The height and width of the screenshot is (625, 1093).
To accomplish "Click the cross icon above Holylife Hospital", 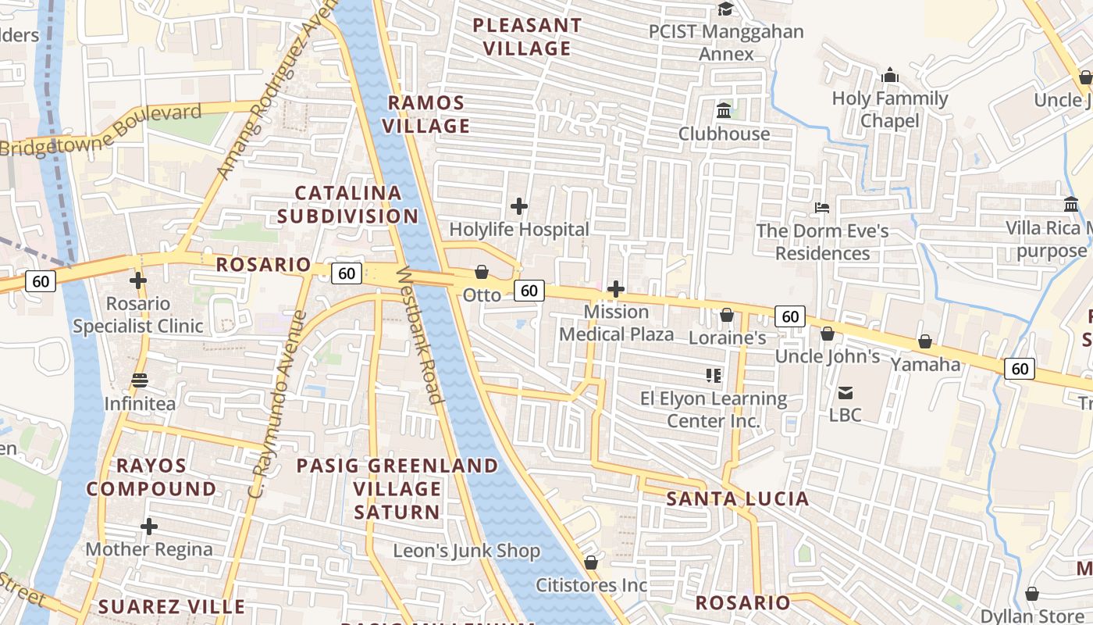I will (519, 206).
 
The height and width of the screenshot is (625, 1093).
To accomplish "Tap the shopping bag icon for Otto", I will (482, 272).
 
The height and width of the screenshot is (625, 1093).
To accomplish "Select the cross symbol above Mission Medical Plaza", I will (616, 290).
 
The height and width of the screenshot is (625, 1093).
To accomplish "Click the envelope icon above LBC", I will (846, 392).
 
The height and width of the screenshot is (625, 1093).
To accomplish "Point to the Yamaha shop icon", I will (925, 341).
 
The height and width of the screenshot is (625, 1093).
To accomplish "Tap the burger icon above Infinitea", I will (140, 380).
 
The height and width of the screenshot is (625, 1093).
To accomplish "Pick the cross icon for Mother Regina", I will (148, 527).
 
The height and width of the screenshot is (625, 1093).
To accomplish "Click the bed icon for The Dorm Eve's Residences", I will (822, 208).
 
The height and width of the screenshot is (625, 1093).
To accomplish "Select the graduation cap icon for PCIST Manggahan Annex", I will (726, 9).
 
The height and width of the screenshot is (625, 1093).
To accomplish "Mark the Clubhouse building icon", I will (724, 111).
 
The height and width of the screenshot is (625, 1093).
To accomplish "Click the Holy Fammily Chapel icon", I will (889, 76).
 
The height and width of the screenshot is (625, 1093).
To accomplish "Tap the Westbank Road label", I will (422, 336).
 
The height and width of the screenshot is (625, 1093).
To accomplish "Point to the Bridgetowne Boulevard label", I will (101, 130).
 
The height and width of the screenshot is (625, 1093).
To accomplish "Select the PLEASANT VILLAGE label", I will (527, 37).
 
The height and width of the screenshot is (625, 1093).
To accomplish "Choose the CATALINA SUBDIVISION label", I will (348, 204).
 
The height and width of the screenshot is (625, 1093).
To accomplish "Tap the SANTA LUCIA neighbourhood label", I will (738, 498).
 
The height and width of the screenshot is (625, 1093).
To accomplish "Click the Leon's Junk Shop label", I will (466, 551).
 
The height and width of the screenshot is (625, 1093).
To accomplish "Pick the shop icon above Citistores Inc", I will (591, 562).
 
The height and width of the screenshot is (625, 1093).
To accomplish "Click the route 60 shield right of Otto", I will (529, 291).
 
